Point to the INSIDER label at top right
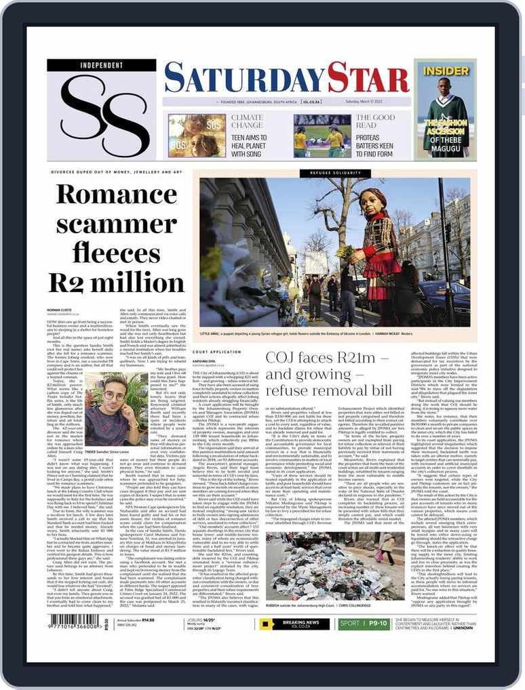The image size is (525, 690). click(x=445, y=70)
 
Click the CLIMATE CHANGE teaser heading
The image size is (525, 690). click(x=247, y=121)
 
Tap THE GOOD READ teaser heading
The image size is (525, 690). click(x=375, y=121)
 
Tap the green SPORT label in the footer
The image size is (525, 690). click(x=351, y=624)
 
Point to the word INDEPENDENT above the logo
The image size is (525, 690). click(x=101, y=65)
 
